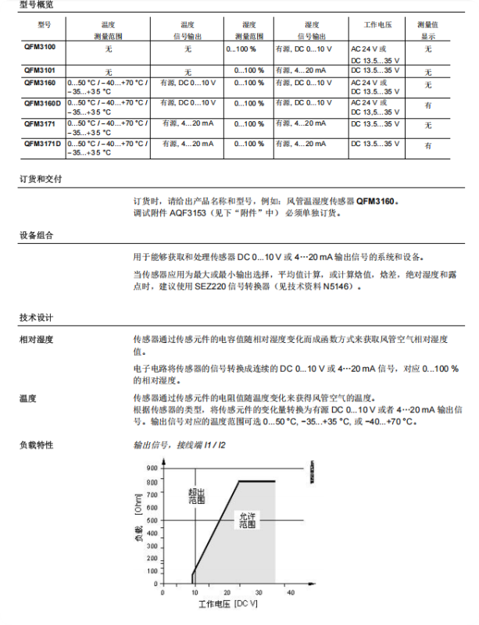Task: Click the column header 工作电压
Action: pos(381,25)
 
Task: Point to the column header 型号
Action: pos(44,25)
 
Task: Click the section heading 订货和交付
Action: pos(40,179)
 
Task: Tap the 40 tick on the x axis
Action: pos(291,594)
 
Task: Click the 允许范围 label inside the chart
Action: pos(247,520)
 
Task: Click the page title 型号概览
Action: pos(38,5)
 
